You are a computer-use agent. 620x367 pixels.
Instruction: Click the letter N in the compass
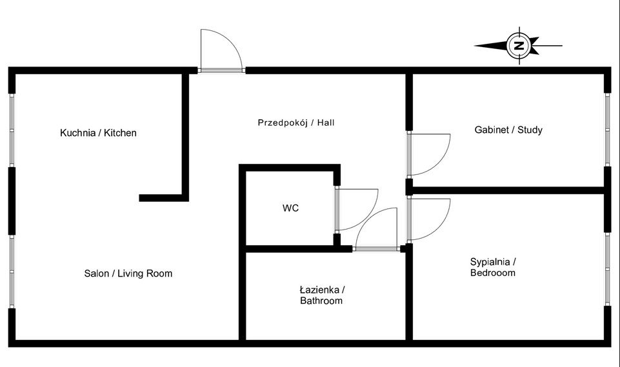coord(519,46)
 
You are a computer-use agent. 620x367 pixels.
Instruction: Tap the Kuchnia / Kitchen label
coord(98,134)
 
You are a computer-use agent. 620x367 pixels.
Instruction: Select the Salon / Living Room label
coord(128,273)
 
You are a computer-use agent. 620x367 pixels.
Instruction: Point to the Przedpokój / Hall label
coord(296,122)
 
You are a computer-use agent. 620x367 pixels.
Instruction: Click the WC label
coord(290,208)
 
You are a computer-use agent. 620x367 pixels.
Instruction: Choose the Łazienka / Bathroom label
coord(321,295)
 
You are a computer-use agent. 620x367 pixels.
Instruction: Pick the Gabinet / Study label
coord(508,130)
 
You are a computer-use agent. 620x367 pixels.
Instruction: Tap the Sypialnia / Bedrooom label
coord(493,267)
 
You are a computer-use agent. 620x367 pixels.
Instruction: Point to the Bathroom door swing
coord(377,228)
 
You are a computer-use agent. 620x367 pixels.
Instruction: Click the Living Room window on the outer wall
coord(12,271)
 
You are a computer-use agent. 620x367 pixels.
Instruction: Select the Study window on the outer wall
coord(607,130)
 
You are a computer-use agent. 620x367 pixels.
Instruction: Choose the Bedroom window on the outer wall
coord(607,268)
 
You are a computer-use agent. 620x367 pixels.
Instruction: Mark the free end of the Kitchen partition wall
coord(142,198)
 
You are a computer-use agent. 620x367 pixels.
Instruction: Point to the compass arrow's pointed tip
coord(476,46)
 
